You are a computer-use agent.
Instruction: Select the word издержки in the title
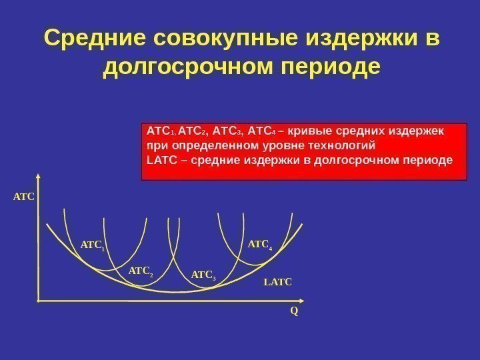click(x=346, y=39)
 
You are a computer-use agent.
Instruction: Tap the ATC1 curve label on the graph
click(x=93, y=247)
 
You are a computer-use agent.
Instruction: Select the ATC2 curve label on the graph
click(x=140, y=271)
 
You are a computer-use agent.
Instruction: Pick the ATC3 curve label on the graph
click(x=204, y=275)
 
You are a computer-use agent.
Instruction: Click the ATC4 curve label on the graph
click(x=260, y=246)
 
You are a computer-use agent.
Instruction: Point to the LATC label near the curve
click(x=278, y=283)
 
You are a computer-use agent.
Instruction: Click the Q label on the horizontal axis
click(x=294, y=311)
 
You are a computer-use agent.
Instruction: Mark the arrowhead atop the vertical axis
click(x=39, y=178)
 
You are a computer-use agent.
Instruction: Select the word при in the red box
click(x=156, y=145)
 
